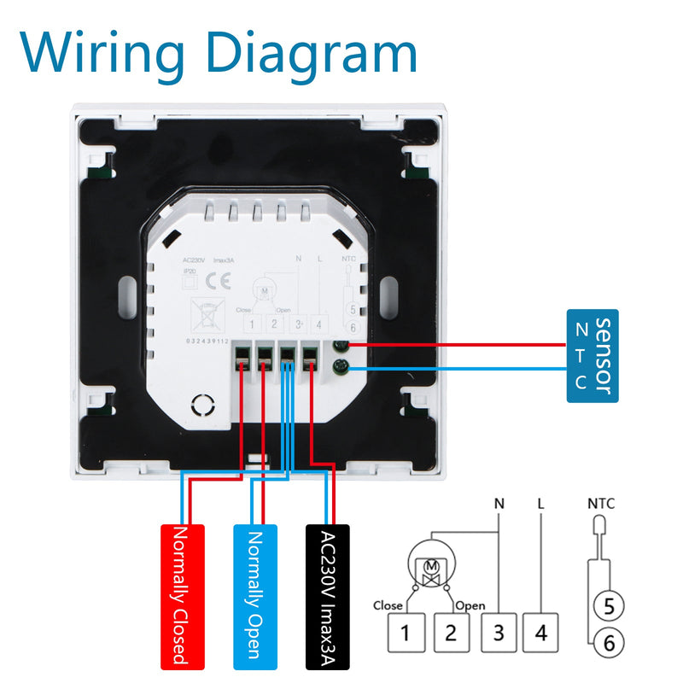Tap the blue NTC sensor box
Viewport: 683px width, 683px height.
point(591,355)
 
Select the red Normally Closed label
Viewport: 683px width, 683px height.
point(184,594)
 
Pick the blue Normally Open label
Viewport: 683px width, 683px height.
point(255,594)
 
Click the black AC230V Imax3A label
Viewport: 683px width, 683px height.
point(328,594)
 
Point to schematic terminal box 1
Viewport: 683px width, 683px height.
point(406,633)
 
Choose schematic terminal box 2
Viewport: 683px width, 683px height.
point(452,633)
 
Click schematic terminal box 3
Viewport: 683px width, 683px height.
point(499,633)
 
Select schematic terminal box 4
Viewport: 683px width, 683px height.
point(540,633)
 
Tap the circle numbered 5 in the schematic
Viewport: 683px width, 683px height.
point(608,605)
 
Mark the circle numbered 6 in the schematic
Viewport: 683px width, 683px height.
point(608,643)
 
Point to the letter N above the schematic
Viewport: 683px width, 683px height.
point(499,503)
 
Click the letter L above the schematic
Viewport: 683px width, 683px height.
point(540,503)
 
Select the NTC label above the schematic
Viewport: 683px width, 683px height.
point(601,503)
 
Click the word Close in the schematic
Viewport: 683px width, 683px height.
point(388,605)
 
